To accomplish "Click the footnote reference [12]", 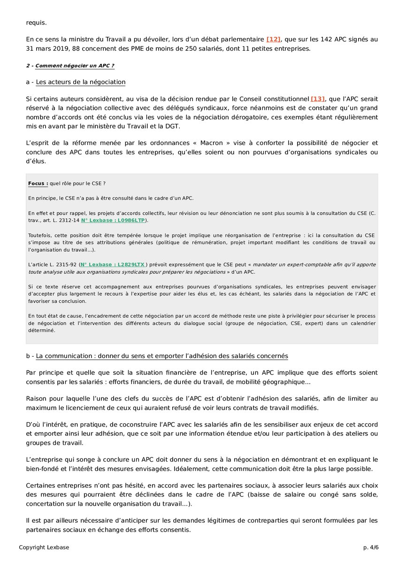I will (273, 39).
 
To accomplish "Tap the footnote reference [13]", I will (318, 99).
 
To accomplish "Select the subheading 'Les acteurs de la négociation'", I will (81, 82).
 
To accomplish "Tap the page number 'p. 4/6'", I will (370, 548).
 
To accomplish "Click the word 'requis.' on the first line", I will (37, 22).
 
